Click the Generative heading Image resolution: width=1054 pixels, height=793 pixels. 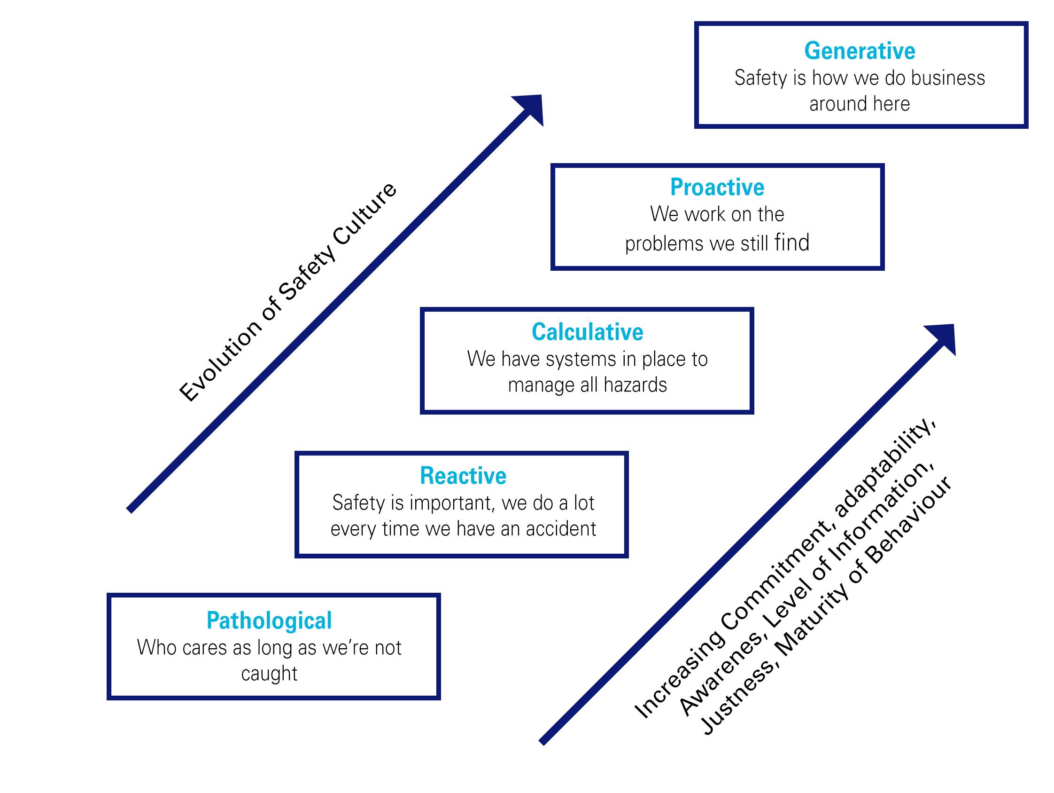[860, 51]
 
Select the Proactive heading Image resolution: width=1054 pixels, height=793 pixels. [717, 187]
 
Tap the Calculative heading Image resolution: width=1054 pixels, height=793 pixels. [587, 332]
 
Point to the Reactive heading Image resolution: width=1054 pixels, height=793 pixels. [463, 476]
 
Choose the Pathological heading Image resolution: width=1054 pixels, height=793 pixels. [269, 620]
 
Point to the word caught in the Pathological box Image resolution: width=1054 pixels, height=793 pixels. [269, 674]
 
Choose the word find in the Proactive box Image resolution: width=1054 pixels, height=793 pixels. [791, 243]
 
